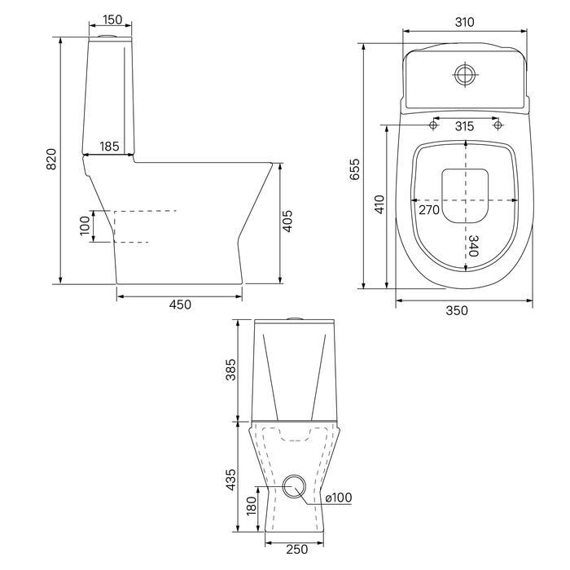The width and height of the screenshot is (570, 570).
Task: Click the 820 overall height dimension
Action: point(51,159)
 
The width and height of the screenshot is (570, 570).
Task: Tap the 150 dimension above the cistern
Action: point(112,20)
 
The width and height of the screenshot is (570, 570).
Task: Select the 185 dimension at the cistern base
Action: point(109,146)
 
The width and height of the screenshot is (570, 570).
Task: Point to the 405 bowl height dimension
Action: point(287,221)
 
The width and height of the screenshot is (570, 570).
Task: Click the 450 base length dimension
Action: point(180,305)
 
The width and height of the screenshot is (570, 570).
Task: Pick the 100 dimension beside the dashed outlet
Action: point(85,226)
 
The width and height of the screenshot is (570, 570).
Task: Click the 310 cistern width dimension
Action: point(465,22)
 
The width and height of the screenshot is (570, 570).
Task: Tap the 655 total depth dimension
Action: point(354,169)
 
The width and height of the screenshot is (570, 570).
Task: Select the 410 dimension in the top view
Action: point(379,204)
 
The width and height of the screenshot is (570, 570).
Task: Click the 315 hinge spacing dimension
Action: point(465,126)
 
